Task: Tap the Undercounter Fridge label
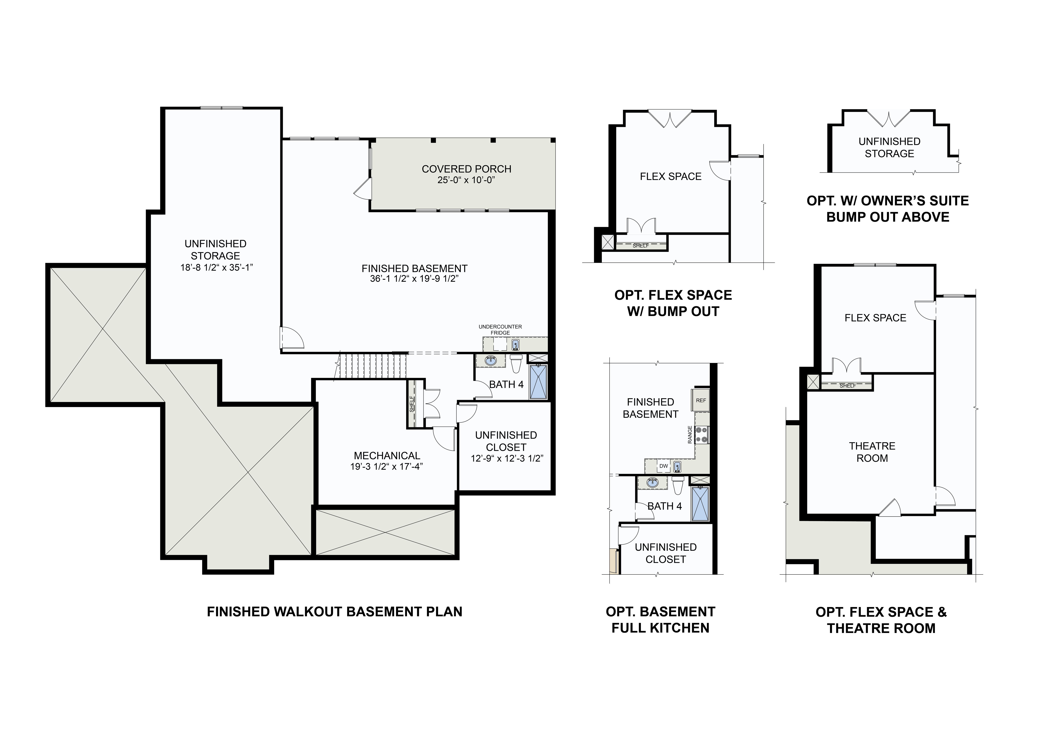(500, 330)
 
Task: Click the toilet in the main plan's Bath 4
(516, 363)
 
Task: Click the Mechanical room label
(387, 456)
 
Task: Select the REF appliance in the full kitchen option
(701, 401)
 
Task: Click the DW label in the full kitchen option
(663, 466)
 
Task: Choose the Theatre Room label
(872, 452)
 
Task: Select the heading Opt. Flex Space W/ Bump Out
(673, 303)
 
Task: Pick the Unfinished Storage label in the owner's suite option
(889, 148)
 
